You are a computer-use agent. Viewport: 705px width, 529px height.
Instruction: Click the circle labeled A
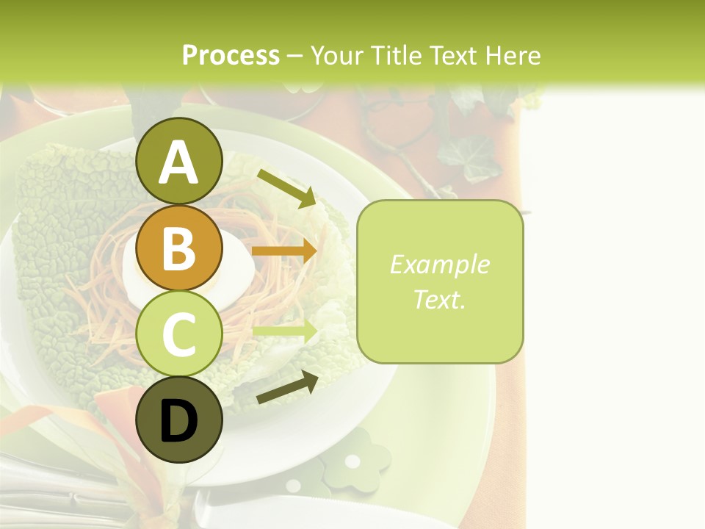pyautogui.click(x=179, y=161)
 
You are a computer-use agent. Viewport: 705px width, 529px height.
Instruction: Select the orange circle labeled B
pyautogui.click(x=179, y=248)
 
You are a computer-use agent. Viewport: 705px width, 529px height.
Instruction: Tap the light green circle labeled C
pyautogui.click(x=179, y=334)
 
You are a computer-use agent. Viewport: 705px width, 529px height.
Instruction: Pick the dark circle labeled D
pyautogui.click(x=179, y=420)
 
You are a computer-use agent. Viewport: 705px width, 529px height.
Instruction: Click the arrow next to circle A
pyautogui.click(x=287, y=188)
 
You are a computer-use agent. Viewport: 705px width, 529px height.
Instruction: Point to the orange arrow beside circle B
pyautogui.click(x=285, y=251)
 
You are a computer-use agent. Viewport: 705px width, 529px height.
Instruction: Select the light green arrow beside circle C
pyautogui.click(x=285, y=330)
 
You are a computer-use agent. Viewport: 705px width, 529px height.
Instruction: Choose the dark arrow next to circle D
pyautogui.click(x=287, y=387)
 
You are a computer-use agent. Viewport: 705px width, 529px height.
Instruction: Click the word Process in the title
pyautogui.click(x=231, y=55)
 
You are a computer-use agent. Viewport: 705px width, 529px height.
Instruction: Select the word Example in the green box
pyautogui.click(x=439, y=264)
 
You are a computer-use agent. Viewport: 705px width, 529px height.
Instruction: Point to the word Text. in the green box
pyautogui.click(x=439, y=299)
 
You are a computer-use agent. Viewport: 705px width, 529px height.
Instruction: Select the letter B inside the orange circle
pyautogui.click(x=179, y=248)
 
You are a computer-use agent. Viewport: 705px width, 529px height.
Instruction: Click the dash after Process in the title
pyautogui.click(x=295, y=56)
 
